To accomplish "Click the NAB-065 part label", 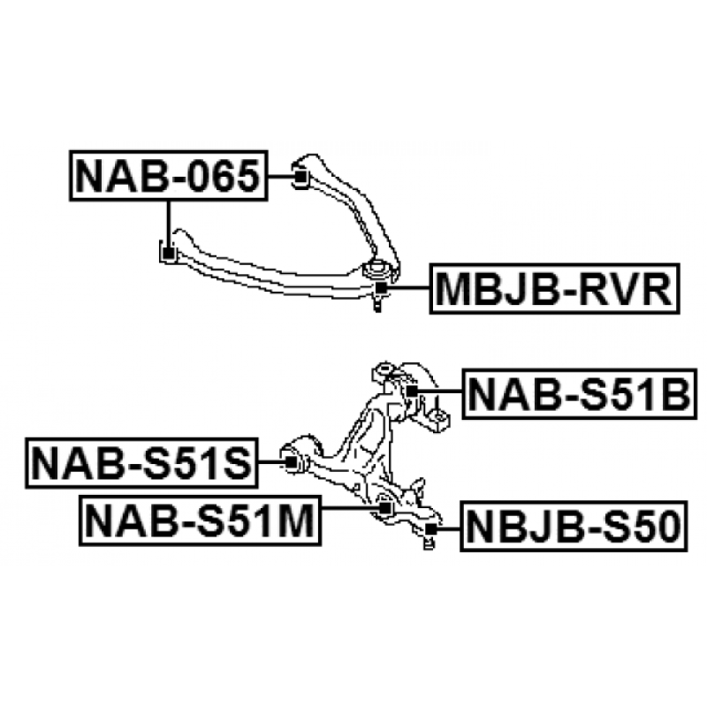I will (x=168, y=176).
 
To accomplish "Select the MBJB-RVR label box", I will (x=554, y=288).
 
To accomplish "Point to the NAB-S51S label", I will (x=142, y=462).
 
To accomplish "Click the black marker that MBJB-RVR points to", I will (x=381, y=287).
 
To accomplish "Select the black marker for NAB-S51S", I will (x=287, y=460).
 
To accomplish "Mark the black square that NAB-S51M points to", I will (x=383, y=508).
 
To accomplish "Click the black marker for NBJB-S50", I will (x=430, y=529).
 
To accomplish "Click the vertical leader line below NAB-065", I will (x=167, y=221).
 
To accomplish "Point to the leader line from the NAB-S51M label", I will (x=349, y=509).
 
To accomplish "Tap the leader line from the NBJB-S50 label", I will (x=447, y=529).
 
